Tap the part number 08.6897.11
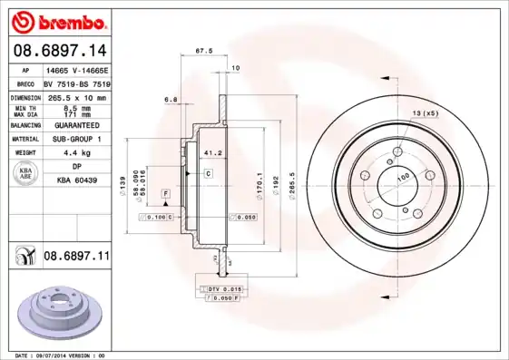click(x=76, y=258)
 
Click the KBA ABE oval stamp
click(x=26, y=174)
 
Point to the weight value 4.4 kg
click(x=76, y=152)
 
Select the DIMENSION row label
click(x=26, y=96)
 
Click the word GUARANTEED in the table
click(x=76, y=125)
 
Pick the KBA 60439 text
click(x=76, y=180)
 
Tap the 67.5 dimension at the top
click(x=204, y=51)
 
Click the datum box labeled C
click(x=208, y=172)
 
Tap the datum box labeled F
click(x=167, y=194)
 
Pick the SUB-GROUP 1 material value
click(x=76, y=139)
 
